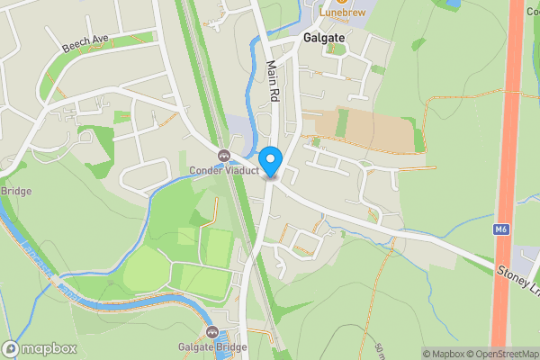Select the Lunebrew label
[x=339, y=14]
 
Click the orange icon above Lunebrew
[x=340, y=3]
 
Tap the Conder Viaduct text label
[x=224, y=170]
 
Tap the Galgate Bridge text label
[x=211, y=346]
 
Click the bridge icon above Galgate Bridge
[x=212, y=333]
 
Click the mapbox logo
[x=40, y=348]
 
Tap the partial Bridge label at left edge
[x=15, y=191]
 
